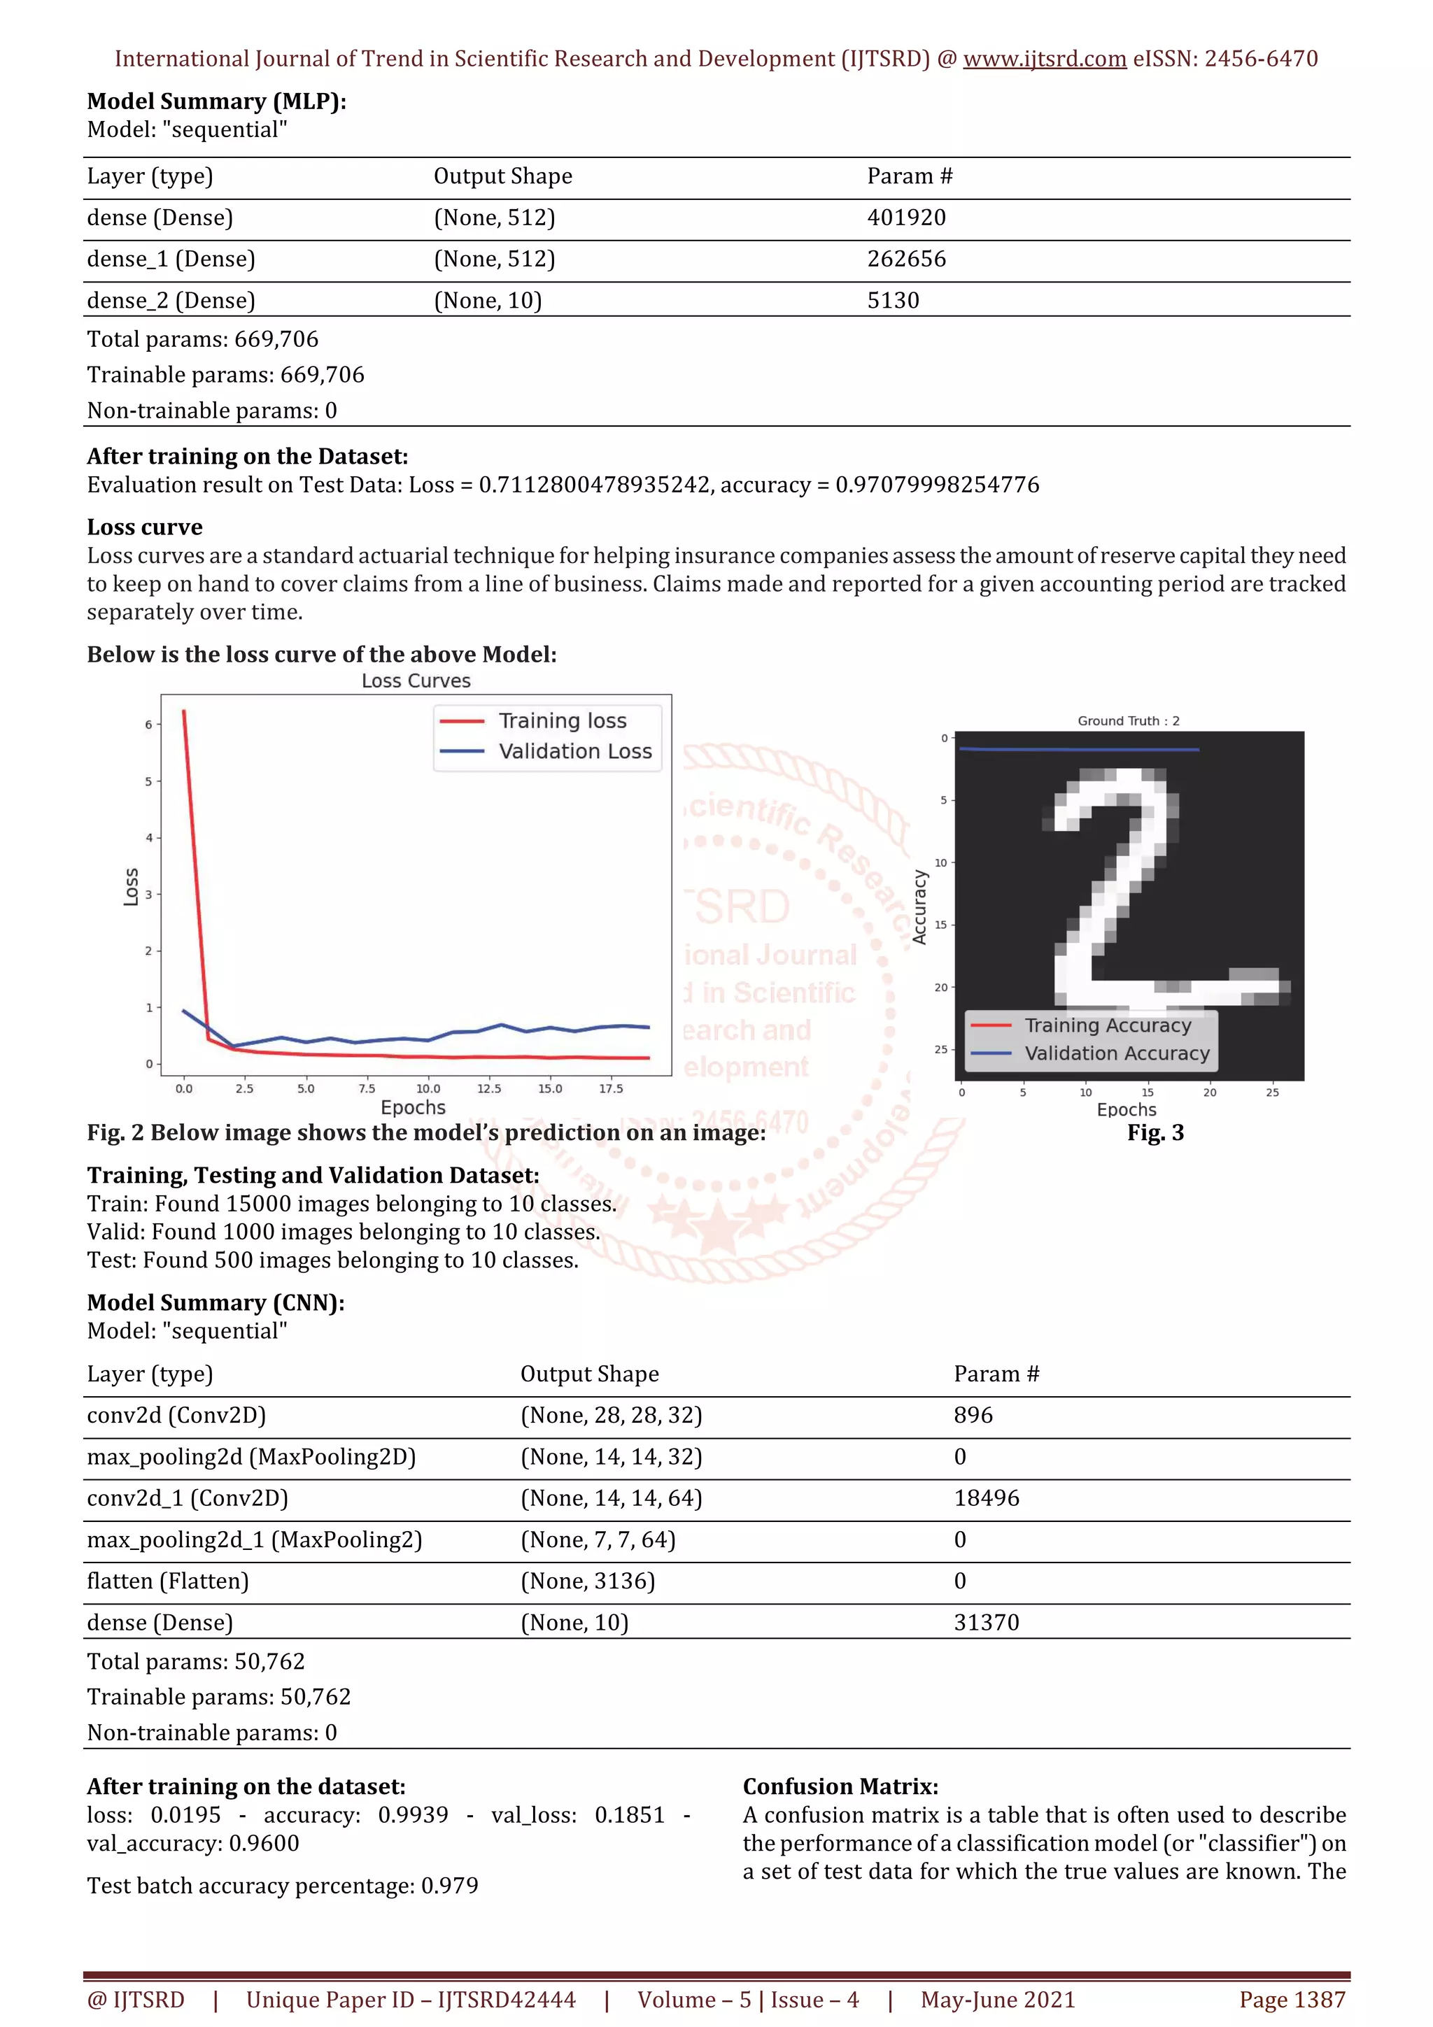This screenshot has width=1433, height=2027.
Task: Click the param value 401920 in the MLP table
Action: tap(906, 217)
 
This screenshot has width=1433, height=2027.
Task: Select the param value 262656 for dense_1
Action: tap(906, 259)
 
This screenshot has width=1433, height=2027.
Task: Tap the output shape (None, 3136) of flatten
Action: tap(587, 1580)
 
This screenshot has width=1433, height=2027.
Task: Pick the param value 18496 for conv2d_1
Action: tap(986, 1498)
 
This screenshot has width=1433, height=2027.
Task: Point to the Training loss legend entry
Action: tap(562, 720)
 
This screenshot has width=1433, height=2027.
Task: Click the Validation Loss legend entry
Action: tap(574, 751)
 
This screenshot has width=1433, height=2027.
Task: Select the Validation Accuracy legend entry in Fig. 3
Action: tap(1116, 1053)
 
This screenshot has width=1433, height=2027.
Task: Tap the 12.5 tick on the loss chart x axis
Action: tap(488, 1088)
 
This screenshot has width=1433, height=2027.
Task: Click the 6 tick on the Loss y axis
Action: tap(148, 725)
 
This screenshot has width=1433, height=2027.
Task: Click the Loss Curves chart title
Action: tap(416, 681)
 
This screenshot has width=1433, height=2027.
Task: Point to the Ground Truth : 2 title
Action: tap(1127, 720)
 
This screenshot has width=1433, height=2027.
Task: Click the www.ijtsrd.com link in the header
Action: tap(1045, 59)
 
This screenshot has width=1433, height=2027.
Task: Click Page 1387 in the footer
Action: tap(1292, 2000)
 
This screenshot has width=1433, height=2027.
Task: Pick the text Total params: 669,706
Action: tap(202, 339)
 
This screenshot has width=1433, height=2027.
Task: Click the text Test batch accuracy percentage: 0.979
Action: tap(283, 1885)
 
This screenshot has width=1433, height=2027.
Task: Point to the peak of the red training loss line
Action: tap(183, 711)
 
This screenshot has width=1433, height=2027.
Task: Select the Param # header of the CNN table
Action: tap(996, 1374)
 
